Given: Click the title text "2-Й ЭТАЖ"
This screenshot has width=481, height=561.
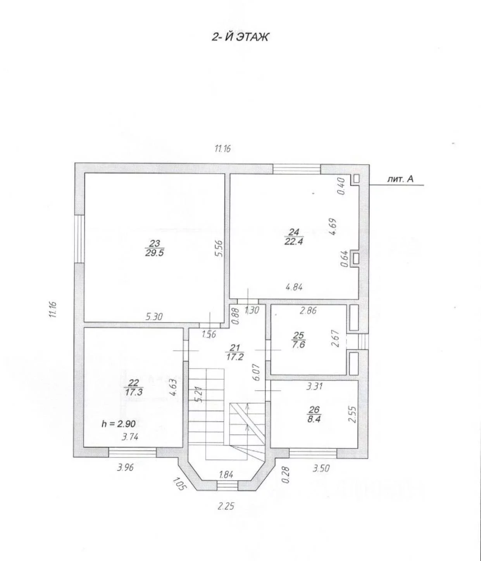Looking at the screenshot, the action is pos(240,37).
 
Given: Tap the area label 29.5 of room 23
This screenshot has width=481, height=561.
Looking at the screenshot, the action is pos(154,253).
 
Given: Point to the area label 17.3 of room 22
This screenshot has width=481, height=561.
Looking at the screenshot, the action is pos(134,392).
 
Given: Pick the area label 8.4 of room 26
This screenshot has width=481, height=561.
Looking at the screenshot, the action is pos(314,419).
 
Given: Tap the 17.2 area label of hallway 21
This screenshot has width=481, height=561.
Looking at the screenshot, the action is pos(234,357).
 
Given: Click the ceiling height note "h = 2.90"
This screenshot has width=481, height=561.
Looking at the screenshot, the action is pos(119,424).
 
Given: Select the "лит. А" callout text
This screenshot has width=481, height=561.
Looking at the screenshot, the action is pos(400,179).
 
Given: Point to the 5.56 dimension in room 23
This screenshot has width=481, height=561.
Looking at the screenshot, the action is pos(220,248).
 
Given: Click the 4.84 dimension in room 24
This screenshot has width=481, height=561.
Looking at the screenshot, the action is pos(294,287).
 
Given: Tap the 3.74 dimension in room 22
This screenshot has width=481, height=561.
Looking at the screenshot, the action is pos(130,437).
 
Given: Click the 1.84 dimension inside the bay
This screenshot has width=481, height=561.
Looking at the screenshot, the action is pos(226,475).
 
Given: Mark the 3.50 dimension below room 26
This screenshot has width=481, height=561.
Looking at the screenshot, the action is pos(321,468).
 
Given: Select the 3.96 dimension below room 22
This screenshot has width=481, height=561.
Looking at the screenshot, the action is pos(126,467).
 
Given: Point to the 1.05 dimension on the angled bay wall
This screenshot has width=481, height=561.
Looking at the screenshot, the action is pos(179,484).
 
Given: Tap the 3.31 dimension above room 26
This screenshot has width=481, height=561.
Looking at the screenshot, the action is pos(314,386).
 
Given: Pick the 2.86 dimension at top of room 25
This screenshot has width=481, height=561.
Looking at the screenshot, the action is pos(308,310).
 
